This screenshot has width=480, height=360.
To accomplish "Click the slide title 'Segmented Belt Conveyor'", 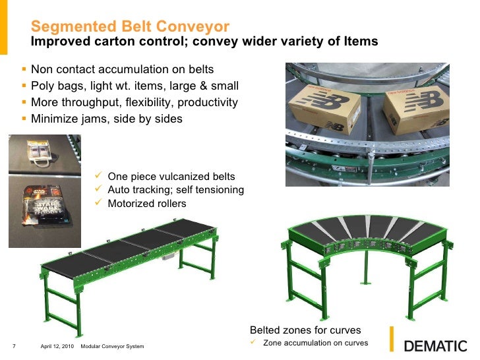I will pos(131,27).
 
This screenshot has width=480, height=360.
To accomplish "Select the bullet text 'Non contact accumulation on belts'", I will pos(122,69).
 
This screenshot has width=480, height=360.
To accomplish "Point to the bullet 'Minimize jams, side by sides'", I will pos(107,119).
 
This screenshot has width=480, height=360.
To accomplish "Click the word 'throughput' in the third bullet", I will pos(92,102).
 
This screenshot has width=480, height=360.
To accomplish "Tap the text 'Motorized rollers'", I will pos(147,203).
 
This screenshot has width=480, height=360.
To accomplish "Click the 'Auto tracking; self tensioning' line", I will pos(175,190).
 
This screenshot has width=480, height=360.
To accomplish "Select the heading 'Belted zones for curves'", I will pos(305,330).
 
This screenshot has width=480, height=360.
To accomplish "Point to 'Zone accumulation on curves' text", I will pos(315,343).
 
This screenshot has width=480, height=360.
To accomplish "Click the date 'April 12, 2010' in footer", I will pos(57,347).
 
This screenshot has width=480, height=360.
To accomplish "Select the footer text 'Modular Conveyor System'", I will pos(111,347).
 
